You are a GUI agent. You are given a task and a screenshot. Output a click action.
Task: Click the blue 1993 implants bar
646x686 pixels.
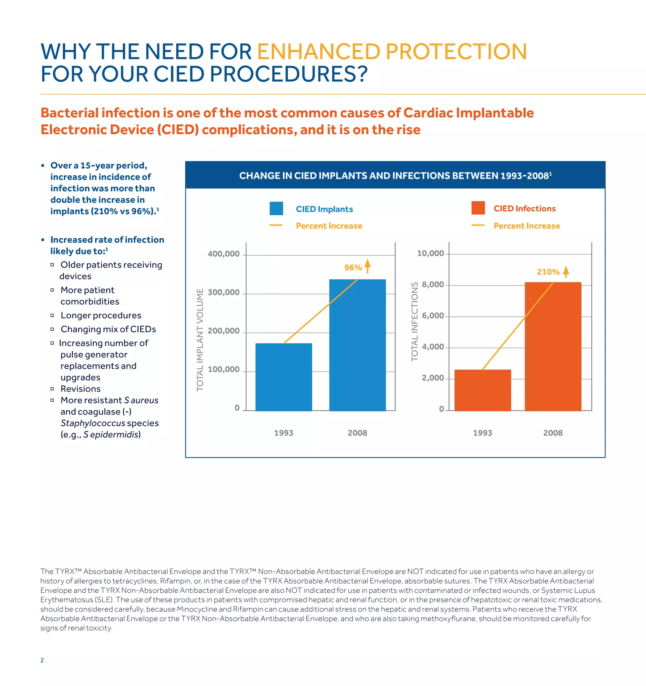click(284, 377)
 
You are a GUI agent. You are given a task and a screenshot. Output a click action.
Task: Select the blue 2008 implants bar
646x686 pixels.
click(357, 345)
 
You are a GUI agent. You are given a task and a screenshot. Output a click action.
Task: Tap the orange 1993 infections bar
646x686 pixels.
click(482, 390)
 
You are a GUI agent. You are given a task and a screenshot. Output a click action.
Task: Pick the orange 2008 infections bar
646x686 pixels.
click(553, 346)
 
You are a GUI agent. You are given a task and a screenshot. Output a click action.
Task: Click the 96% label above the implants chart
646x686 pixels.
click(353, 267)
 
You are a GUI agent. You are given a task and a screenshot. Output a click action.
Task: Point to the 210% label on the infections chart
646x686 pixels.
click(548, 272)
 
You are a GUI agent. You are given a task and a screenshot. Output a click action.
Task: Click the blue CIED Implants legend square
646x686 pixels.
click(276, 208)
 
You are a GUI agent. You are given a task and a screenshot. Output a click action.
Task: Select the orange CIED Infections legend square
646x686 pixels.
click(478, 208)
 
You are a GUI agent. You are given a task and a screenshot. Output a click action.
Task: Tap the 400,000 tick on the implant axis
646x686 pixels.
click(223, 254)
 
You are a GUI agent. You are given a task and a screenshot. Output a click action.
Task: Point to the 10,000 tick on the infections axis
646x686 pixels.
click(430, 253)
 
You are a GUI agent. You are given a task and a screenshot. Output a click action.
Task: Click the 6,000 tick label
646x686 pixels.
click(433, 316)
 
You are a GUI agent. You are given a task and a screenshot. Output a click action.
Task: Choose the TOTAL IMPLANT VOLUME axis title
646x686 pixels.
click(200, 340)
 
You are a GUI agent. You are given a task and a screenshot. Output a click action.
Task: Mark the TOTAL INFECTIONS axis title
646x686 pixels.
click(414, 322)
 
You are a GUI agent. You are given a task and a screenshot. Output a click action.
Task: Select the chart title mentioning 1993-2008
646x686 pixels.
click(395, 176)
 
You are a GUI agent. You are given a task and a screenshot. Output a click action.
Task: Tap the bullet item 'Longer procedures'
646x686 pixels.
click(101, 315)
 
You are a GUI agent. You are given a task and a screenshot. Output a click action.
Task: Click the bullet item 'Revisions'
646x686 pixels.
click(80, 389)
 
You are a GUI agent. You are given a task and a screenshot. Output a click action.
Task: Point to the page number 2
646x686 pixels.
click(42, 660)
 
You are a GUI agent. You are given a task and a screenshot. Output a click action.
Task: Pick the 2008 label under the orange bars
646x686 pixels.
click(553, 433)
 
